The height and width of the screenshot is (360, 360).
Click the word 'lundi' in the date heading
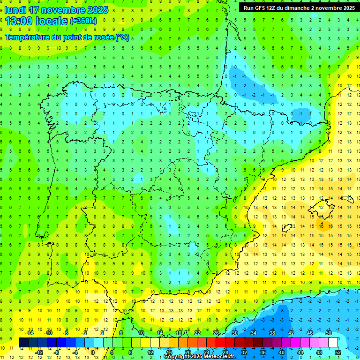[x=15, y=10]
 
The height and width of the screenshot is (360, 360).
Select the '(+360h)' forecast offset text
[x=83, y=21]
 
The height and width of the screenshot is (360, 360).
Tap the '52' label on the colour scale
[x=338, y=352]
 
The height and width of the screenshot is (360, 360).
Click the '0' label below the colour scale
[x=93, y=352]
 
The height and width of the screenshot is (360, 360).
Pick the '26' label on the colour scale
[x=216, y=332]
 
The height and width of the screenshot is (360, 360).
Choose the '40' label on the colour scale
[x=281, y=352]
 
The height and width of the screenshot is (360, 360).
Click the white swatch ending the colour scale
[x=333, y=342]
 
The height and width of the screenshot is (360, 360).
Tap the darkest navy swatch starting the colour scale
[x=23, y=342]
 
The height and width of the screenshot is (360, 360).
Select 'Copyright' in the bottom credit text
[x=177, y=357]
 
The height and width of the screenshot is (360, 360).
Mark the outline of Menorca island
[x=347, y=198]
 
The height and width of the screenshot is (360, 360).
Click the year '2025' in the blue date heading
[x=97, y=10]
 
